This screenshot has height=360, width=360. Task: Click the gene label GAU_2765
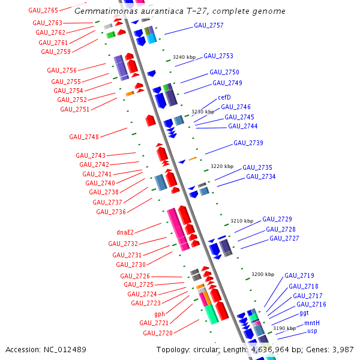(43, 10)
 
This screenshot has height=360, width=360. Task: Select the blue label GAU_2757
(209, 26)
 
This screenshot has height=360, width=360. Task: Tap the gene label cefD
(224, 98)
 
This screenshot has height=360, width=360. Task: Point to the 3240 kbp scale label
(184, 57)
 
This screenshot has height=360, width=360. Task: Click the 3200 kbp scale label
(262, 274)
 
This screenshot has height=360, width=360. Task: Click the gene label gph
(160, 314)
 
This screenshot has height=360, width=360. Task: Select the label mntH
(312, 323)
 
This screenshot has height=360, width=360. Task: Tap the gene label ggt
(304, 313)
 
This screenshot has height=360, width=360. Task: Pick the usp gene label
(312, 331)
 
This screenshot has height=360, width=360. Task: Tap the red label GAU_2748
(84, 137)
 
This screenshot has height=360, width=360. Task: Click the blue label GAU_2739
(248, 143)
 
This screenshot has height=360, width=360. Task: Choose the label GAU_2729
(277, 219)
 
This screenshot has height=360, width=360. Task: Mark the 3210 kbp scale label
(242, 221)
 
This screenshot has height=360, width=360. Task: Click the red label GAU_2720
(157, 333)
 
